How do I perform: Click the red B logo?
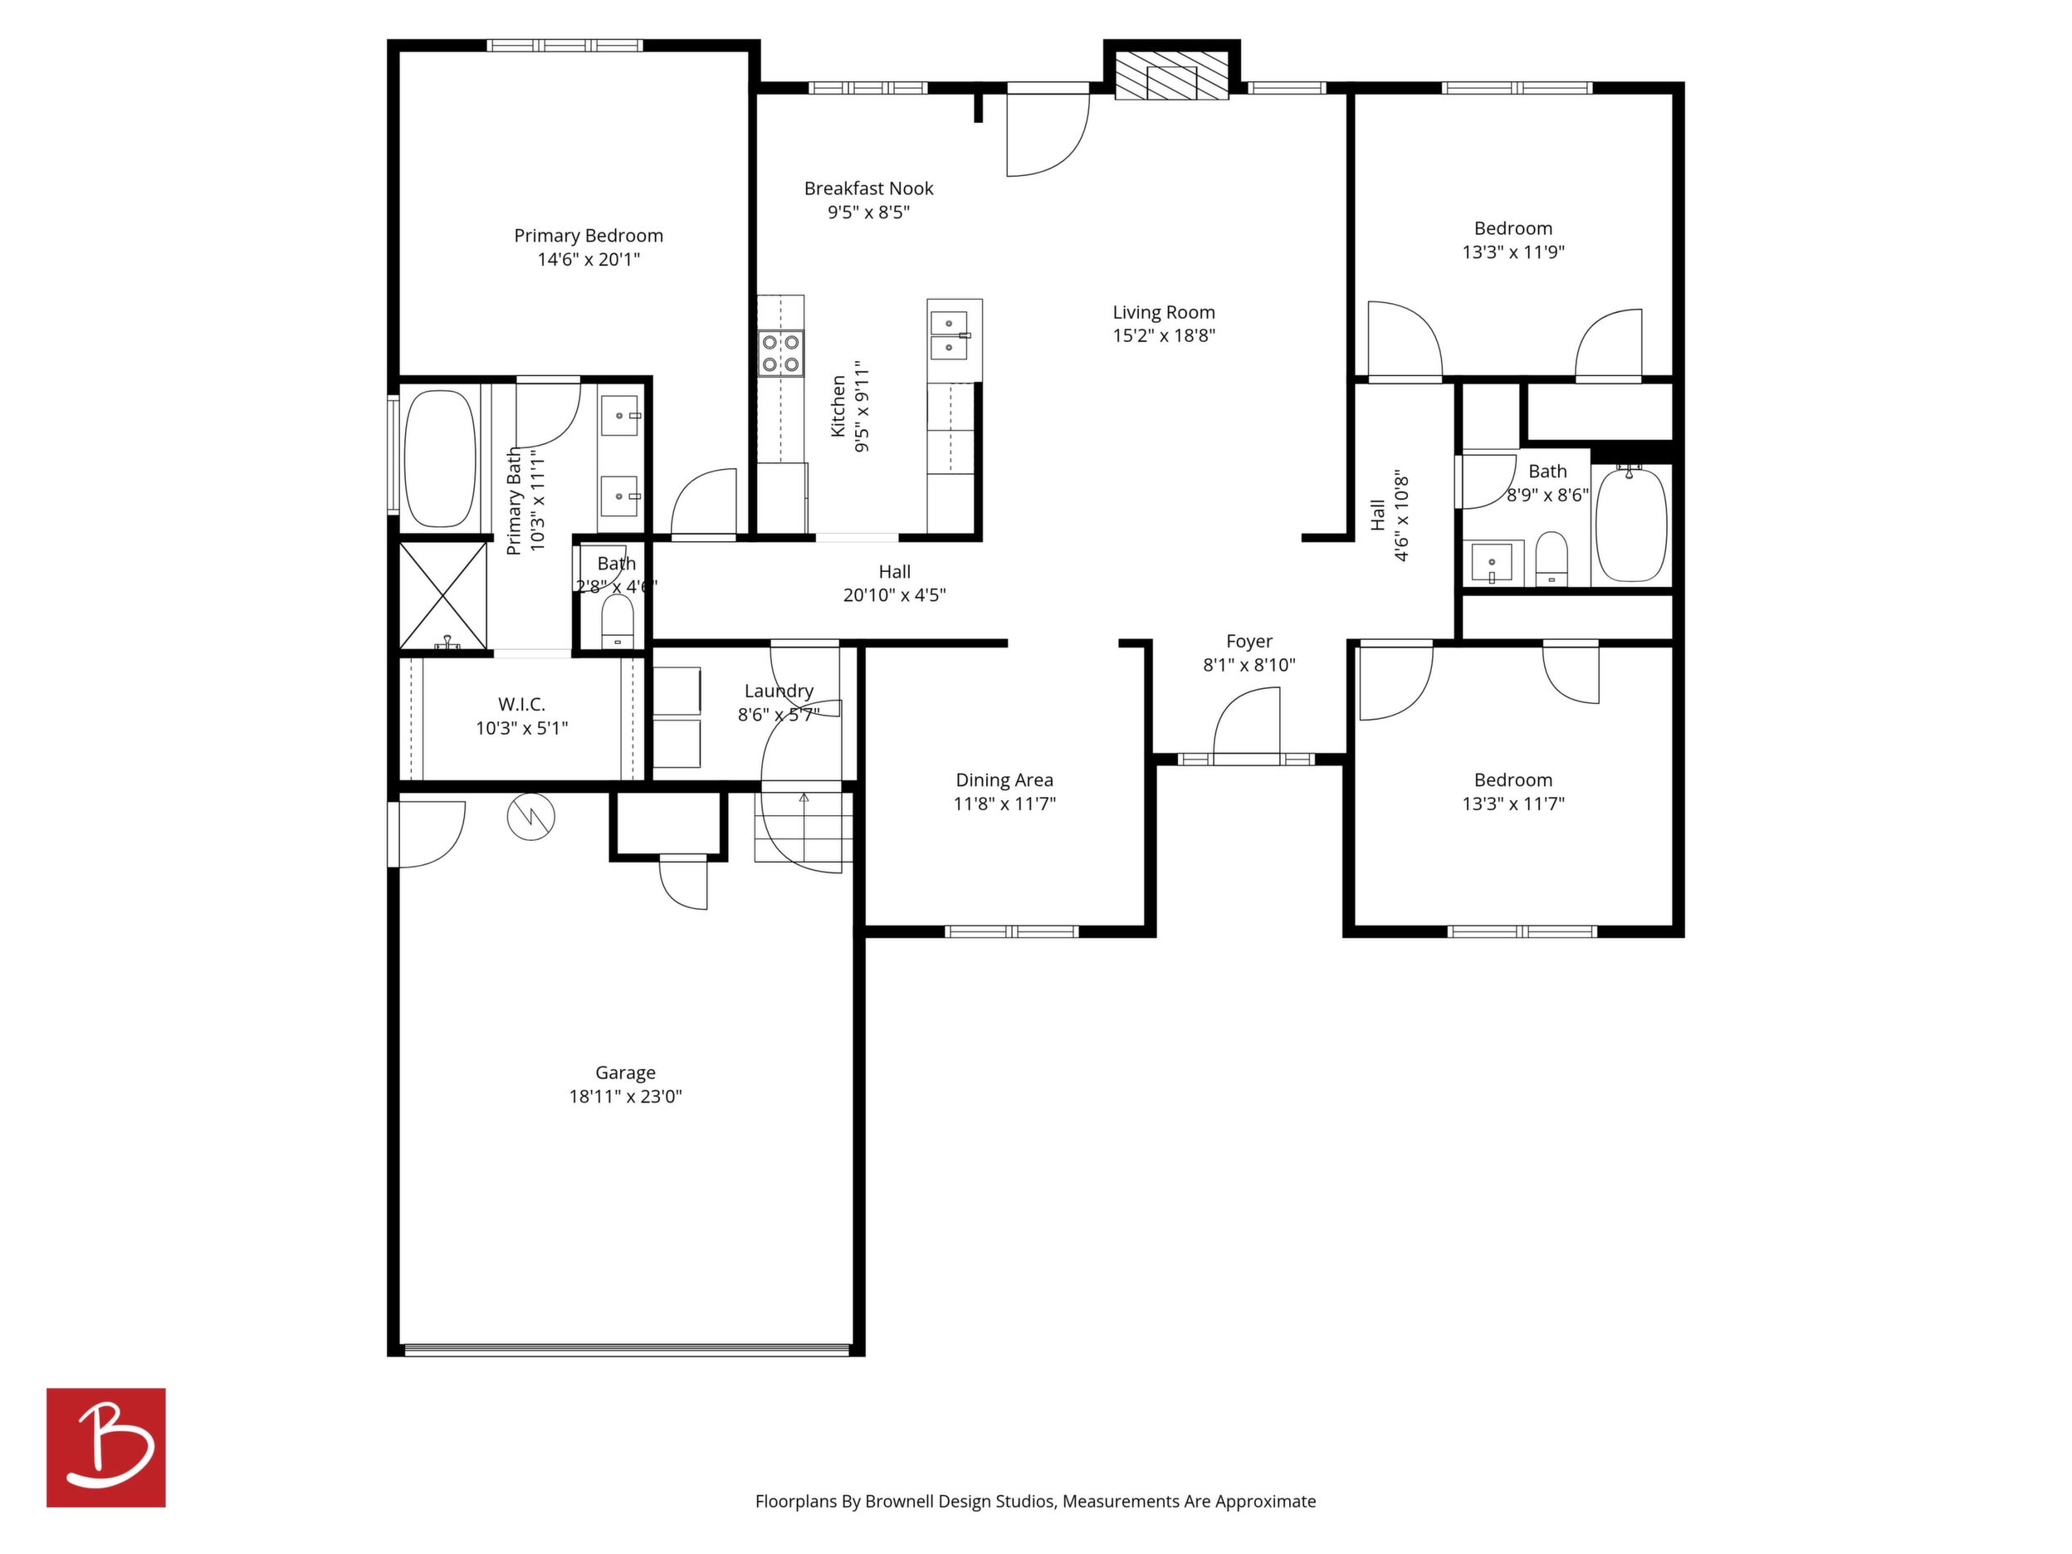click(x=106, y=1447)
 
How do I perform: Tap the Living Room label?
click(x=1163, y=313)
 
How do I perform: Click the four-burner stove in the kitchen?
click(x=780, y=352)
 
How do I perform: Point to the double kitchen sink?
click(x=950, y=335)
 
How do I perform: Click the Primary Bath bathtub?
click(x=438, y=458)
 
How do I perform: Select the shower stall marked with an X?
click(x=443, y=596)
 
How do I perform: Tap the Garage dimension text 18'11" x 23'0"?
click(x=626, y=1096)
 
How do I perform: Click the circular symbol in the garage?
click(x=531, y=817)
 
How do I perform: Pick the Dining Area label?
click(x=1004, y=779)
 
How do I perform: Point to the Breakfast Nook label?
click(x=868, y=188)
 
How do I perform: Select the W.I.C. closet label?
click(x=522, y=705)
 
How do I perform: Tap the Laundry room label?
click(x=779, y=691)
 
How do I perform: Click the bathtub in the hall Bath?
click(x=1631, y=525)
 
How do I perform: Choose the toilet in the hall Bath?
click(x=1552, y=559)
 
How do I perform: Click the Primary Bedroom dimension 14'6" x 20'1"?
click(x=589, y=260)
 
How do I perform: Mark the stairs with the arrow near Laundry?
click(x=804, y=827)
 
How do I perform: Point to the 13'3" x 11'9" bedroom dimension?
click(x=1513, y=252)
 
